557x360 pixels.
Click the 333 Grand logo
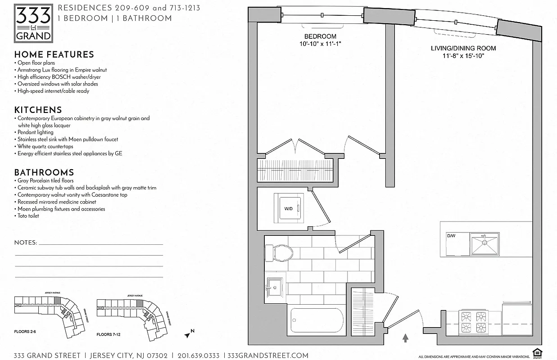click(x=34, y=22)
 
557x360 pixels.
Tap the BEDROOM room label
click(x=320, y=36)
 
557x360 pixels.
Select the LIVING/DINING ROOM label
click(x=463, y=48)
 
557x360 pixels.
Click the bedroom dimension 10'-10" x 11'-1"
click(x=320, y=44)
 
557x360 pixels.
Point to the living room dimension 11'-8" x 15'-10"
click(x=463, y=56)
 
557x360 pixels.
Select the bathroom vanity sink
click(x=275, y=285)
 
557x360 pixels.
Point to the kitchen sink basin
click(x=485, y=244)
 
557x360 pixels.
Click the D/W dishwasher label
click(x=451, y=236)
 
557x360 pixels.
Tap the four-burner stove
click(x=474, y=321)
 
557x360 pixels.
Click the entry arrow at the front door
click(x=405, y=337)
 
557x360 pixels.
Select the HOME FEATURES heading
click(x=54, y=54)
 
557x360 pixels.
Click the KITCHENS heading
click(x=38, y=110)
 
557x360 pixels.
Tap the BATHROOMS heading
click(x=44, y=172)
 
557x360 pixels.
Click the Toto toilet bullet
click(x=28, y=216)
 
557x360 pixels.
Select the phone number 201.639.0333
click(x=198, y=355)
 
